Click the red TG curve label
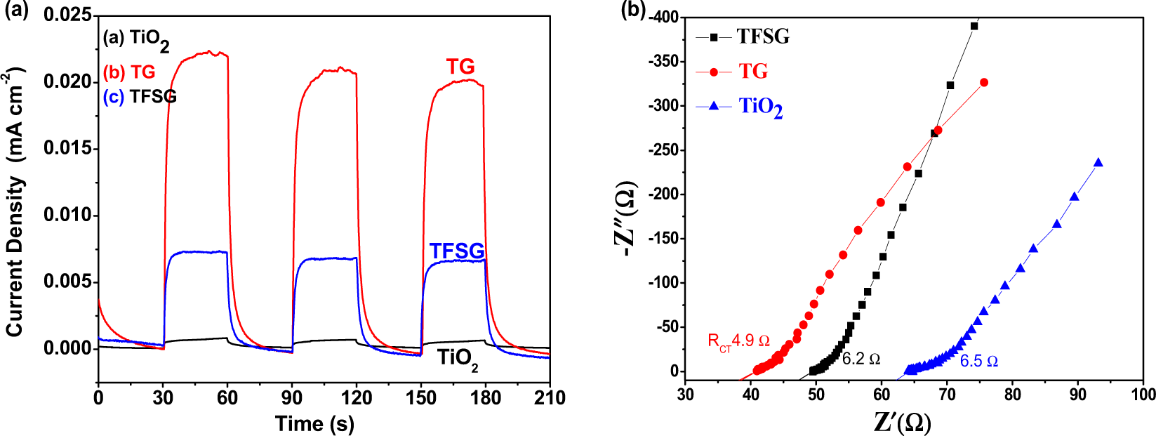pyautogui.click(x=460, y=67)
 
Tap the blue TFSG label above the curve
pyautogui.click(x=456, y=251)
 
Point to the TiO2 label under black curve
pyautogui.click(x=458, y=359)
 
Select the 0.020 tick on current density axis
pyautogui.click(x=67, y=82)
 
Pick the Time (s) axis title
pyautogui.click(x=314, y=423)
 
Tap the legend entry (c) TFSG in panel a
pyautogui.click(x=140, y=97)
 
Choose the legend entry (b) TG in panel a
pyautogui.click(x=129, y=72)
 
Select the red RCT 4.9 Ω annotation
pyautogui.click(x=738, y=342)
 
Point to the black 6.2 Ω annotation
pyautogui.click(x=861, y=359)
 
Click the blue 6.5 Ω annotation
pyautogui.click(x=978, y=362)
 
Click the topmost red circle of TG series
pyautogui.click(x=984, y=83)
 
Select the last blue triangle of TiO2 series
pyautogui.click(x=1098, y=163)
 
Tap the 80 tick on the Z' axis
pyautogui.click(x=1012, y=395)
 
